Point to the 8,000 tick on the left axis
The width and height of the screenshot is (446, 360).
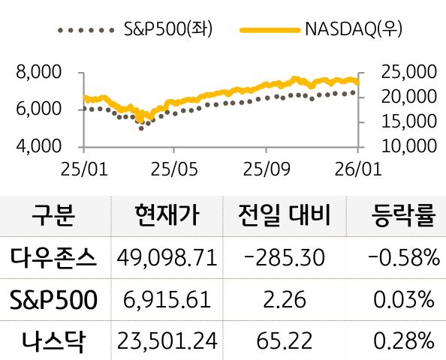(38, 73)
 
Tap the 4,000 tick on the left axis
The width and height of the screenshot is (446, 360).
(38, 146)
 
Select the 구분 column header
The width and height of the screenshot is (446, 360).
(54, 216)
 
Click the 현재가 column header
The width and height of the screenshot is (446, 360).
(167, 216)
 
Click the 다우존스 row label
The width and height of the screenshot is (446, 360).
(54, 259)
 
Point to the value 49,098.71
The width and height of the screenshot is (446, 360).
(167, 259)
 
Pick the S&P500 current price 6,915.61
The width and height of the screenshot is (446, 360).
(167, 301)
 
